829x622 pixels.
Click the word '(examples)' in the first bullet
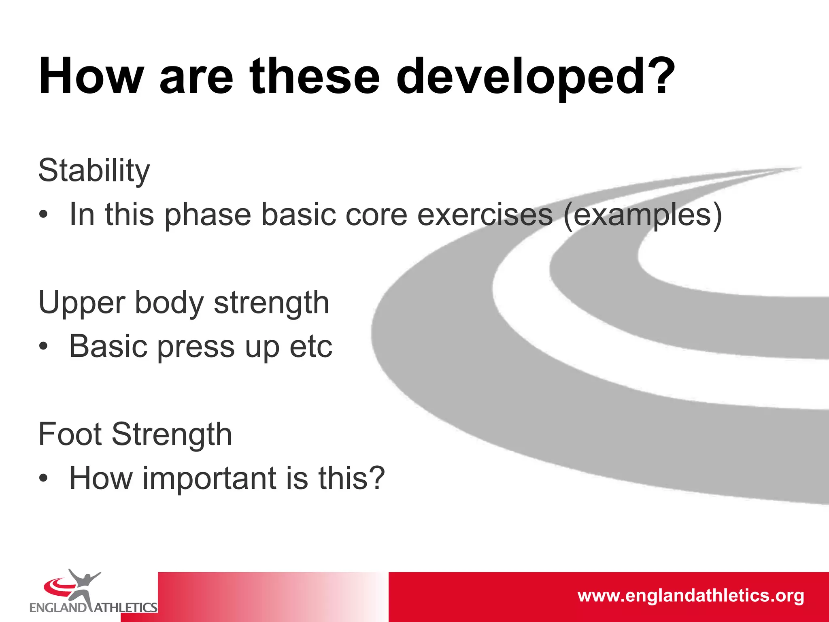(x=642, y=215)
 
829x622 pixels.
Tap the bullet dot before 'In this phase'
(x=43, y=215)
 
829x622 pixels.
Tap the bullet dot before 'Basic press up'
(x=43, y=347)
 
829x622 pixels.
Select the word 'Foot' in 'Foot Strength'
(x=70, y=434)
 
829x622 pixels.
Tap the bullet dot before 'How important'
(x=43, y=478)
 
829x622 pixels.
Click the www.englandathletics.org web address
(x=691, y=596)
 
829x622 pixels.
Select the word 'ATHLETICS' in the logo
(x=125, y=608)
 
